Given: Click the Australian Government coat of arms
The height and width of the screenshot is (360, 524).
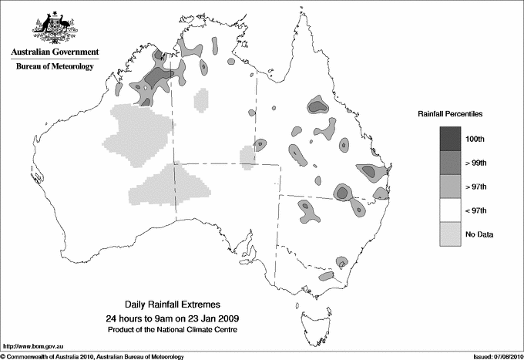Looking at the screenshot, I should [x=54, y=28].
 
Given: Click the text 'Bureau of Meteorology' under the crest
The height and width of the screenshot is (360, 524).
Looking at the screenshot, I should [x=55, y=67].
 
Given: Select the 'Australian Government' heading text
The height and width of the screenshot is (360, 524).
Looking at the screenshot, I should [x=55, y=52].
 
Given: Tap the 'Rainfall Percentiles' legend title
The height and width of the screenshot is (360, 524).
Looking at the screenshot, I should [x=450, y=113].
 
